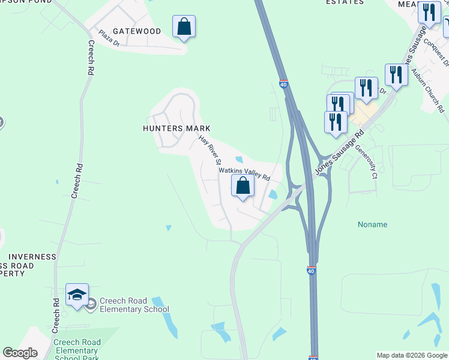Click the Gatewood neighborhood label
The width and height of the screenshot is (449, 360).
tap(136, 31)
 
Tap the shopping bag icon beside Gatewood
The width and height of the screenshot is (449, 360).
tap(184, 28)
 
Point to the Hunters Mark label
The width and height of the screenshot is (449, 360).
tap(176, 128)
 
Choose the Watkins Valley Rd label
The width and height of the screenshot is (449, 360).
tap(244, 174)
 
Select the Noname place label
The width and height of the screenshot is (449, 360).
tap(372, 224)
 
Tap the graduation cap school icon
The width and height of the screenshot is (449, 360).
tap(77, 295)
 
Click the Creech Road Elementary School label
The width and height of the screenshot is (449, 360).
tap(134, 305)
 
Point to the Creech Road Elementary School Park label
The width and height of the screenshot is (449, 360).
tap(76, 350)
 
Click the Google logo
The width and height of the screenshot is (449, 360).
tap(20, 353)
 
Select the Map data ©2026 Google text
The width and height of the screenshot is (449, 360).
tap(411, 355)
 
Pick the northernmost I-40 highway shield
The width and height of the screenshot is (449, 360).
tap(284, 84)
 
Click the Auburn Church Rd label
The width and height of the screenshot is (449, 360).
tap(427, 90)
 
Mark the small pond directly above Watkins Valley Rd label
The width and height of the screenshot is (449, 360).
tap(240, 160)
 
